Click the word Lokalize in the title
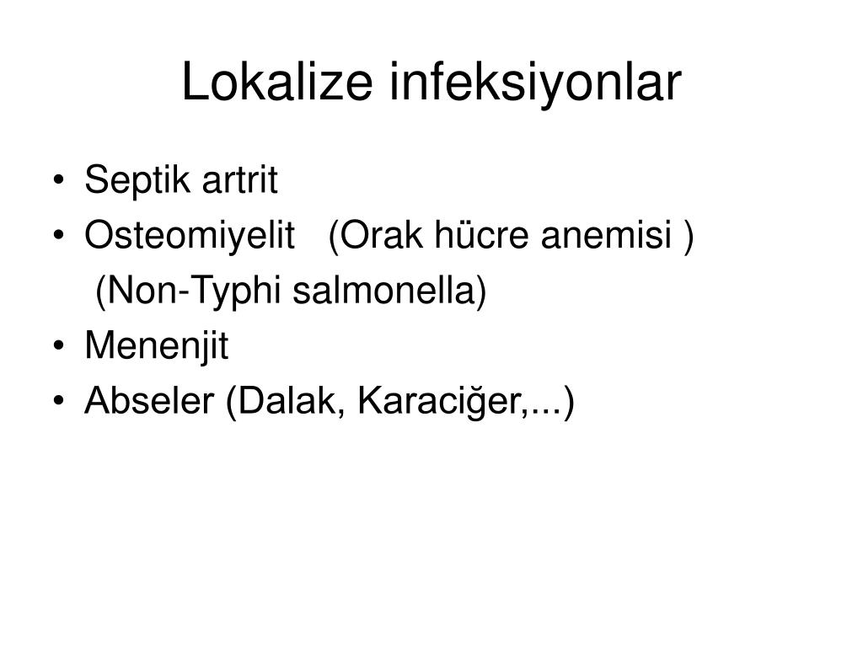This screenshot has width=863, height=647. [x=277, y=82]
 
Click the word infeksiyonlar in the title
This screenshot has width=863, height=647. [x=535, y=83]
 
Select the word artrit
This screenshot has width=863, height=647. [x=240, y=180]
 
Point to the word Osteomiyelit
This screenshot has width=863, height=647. [x=190, y=236]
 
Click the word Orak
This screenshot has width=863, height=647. [x=376, y=236]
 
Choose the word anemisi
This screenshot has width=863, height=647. [x=607, y=236]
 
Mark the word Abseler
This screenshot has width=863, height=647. [x=149, y=400]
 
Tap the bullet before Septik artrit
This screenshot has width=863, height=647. [x=59, y=180]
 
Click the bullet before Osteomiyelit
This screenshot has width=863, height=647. [x=59, y=236]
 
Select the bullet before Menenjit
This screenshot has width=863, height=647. [x=59, y=346]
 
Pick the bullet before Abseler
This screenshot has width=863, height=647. [x=59, y=401]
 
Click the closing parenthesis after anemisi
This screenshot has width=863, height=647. [x=689, y=237]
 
